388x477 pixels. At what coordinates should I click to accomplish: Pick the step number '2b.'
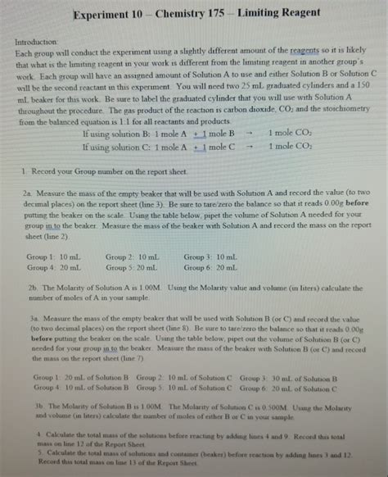pyautogui.click(x=32, y=288)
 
